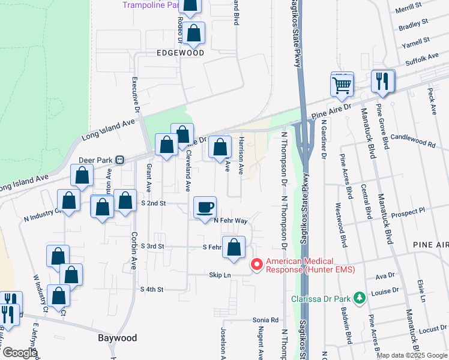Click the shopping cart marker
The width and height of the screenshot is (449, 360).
(x=342, y=84)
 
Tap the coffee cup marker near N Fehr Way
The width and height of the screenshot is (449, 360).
(x=205, y=207)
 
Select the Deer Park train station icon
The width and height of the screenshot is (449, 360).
(x=120, y=160)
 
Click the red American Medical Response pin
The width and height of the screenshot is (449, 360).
(x=256, y=265)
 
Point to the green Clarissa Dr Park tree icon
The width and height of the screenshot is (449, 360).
(x=359, y=298)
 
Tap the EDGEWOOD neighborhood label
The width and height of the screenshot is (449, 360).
(x=180, y=53)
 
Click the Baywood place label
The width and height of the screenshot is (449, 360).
(x=118, y=338)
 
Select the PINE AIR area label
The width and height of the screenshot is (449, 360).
(x=430, y=245)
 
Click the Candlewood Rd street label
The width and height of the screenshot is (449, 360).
(x=412, y=142)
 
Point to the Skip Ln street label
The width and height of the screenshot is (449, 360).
(x=220, y=274)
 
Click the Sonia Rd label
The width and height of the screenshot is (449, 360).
(x=266, y=320)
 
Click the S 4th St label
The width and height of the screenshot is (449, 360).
(x=152, y=289)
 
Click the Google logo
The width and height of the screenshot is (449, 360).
(x=20, y=353)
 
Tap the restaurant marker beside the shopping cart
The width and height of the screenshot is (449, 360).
(x=382, y=81)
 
